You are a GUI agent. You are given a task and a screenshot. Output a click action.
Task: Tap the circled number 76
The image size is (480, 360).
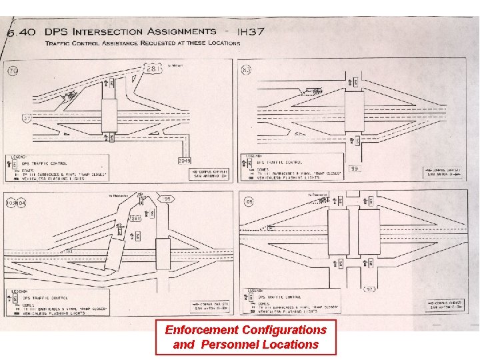[x=13, y=71]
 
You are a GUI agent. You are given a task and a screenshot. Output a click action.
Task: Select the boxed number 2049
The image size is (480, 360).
[x=185, y=161]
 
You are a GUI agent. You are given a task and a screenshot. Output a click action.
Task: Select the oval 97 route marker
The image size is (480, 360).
[x=371, y=289]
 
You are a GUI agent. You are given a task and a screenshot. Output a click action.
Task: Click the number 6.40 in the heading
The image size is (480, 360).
[x=23, y=32]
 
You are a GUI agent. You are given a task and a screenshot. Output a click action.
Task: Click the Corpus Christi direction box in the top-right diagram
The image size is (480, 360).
[x=448, y=172]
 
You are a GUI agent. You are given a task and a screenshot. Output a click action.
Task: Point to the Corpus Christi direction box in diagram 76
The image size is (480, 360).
[x=211, y=174]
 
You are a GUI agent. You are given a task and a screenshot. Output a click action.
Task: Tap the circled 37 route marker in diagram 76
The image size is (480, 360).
[x=27, y=119]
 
